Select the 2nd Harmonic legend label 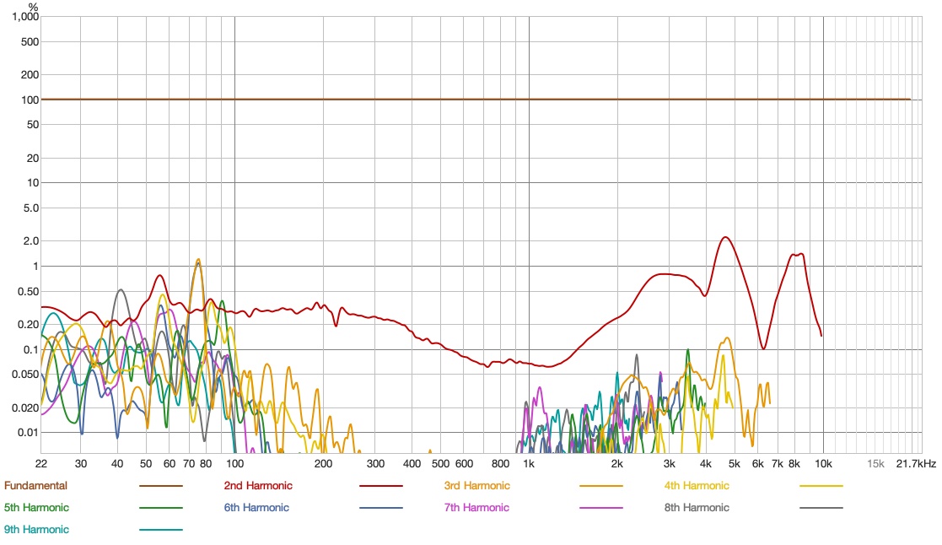257,485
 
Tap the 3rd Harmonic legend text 477,485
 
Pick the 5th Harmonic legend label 36,507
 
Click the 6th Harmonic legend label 256,507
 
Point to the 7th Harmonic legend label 476,507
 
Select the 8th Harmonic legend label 697,507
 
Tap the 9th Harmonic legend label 36,529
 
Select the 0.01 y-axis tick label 28,432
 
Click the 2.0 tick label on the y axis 30,240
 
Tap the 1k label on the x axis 529,463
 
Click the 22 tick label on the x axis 41,463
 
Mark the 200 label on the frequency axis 323,463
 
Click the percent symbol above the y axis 35,6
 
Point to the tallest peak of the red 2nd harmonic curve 724,237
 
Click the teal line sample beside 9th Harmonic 160,530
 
